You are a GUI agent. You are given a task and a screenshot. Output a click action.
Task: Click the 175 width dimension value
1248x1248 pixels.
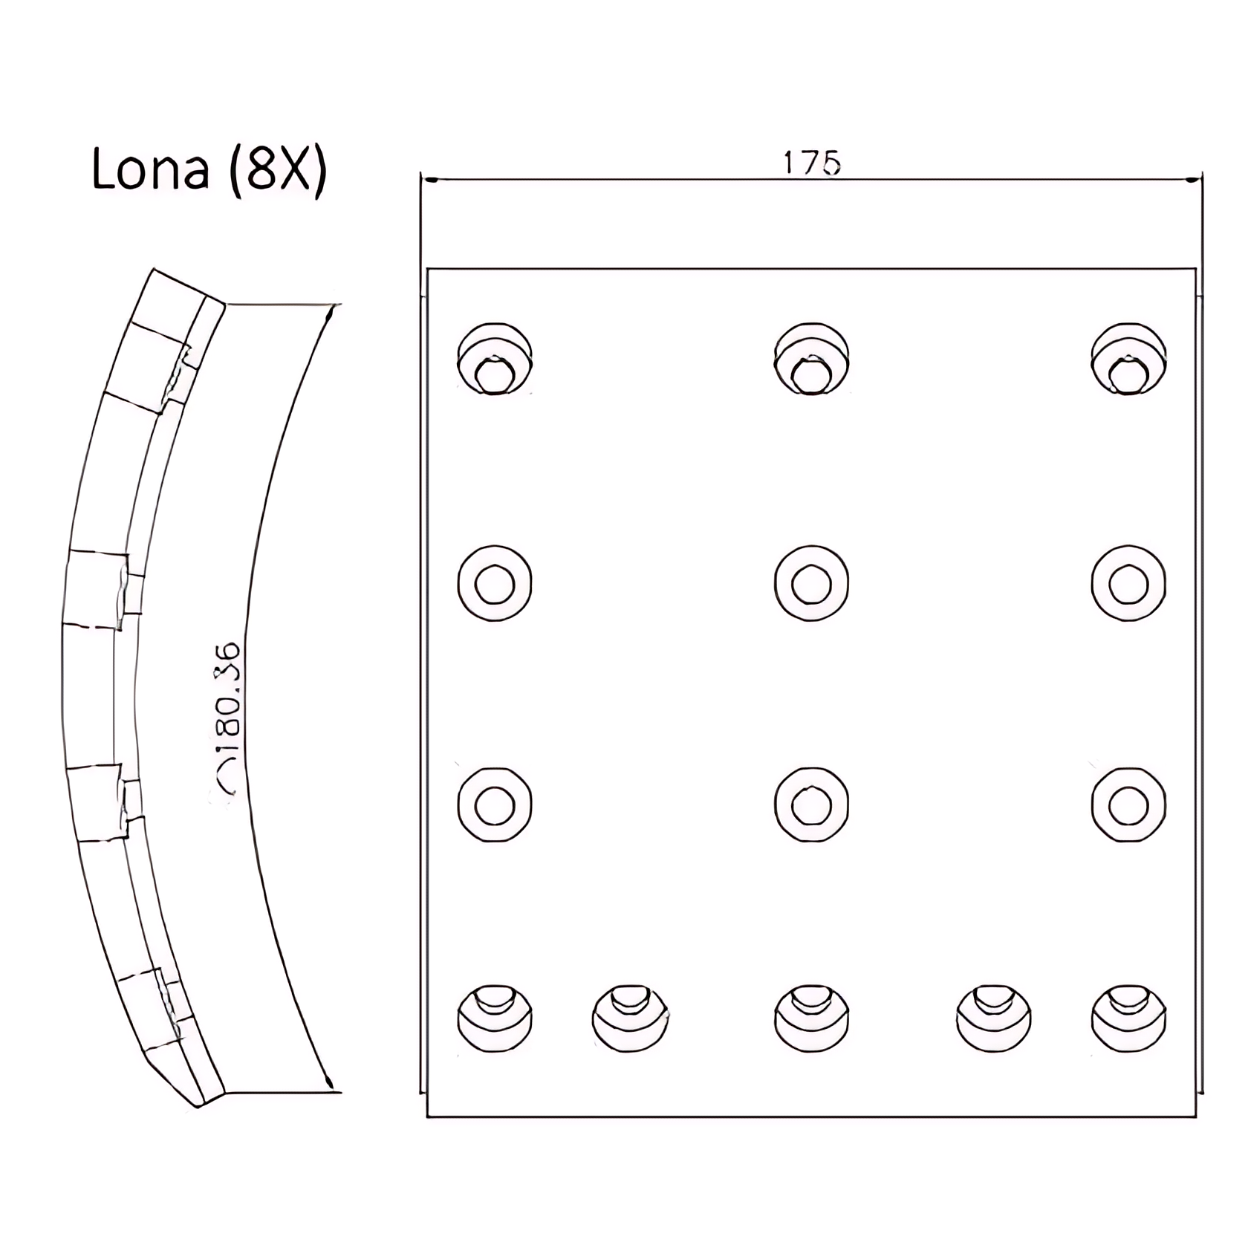(812, 163)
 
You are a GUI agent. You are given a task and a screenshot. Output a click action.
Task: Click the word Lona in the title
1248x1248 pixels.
(149, 169)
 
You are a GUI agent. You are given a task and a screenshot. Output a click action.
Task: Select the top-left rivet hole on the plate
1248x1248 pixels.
(495, 359)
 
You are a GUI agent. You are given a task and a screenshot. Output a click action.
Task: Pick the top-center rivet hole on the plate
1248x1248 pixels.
(811, 359)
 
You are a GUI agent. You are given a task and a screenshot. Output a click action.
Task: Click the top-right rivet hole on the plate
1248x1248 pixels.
(1128, 359)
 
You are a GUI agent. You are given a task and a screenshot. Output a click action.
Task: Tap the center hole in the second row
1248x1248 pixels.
(811, 583)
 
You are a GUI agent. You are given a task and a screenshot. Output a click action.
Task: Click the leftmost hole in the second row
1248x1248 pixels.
(495, 583)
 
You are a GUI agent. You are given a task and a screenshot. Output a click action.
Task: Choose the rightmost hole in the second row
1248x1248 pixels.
(1128, 583)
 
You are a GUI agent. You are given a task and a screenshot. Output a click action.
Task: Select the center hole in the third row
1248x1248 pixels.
(811, 805)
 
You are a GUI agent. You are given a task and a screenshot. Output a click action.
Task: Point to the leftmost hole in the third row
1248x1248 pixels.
(495, 805)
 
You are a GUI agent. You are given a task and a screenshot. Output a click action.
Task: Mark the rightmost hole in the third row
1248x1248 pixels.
(1128, 805)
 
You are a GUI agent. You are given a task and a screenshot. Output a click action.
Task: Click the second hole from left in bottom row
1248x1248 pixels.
(630, 1018)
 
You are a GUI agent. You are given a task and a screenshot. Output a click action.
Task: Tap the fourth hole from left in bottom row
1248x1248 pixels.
(993, 1018)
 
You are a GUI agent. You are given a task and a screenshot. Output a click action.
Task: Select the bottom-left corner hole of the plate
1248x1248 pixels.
(495, 1018)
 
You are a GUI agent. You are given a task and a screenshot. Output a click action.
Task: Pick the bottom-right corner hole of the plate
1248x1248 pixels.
(1128, 1018)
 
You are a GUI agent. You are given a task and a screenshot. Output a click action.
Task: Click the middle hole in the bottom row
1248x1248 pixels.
(811, 1018)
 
